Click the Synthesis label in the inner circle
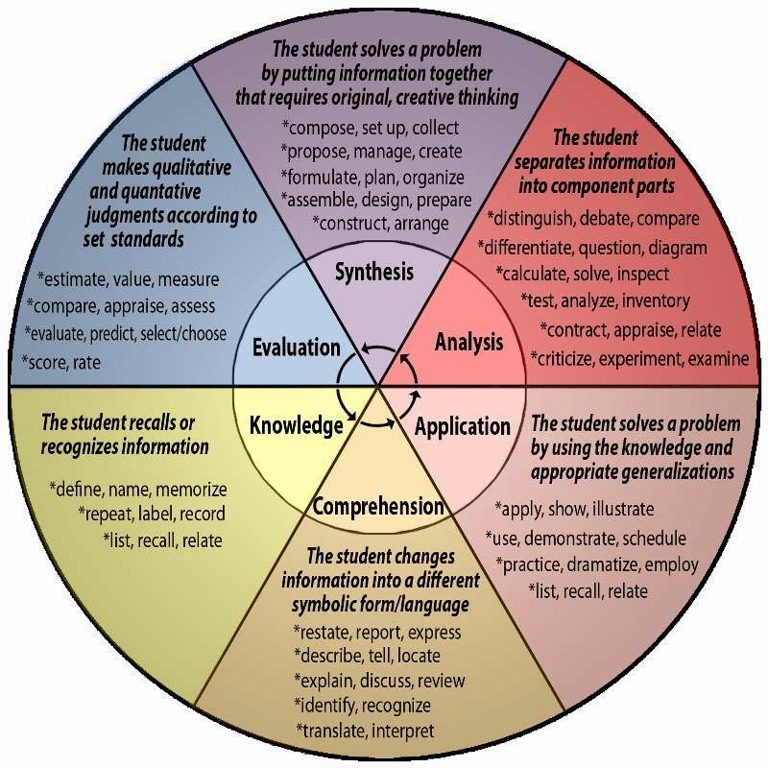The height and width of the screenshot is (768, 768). click(374, 272)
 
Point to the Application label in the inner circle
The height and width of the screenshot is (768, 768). click(463, 426)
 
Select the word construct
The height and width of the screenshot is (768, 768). click(356, 223)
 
